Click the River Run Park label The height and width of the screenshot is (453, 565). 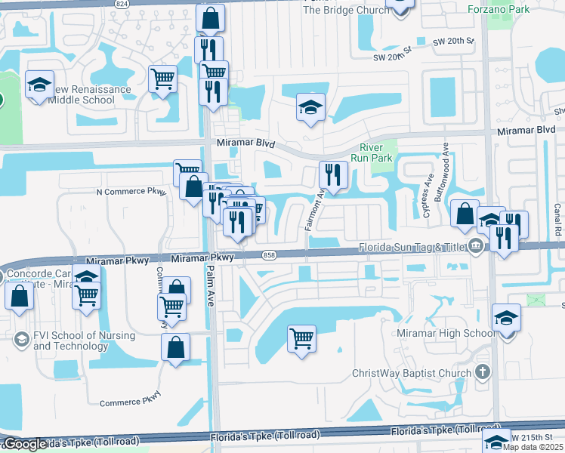tap(372, 153)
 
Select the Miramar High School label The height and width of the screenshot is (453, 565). tap(446, 334)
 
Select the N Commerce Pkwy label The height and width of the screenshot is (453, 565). tap(131, 192)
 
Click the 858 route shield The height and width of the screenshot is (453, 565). tap(269, 257)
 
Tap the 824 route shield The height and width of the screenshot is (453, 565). tap(122, 4)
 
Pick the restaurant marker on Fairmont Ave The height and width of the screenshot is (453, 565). tap(333, 175)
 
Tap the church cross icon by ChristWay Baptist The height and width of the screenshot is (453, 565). tap(483, 372)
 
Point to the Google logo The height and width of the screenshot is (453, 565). tap(24, 444)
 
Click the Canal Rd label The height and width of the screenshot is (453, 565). tap(557, 219)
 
